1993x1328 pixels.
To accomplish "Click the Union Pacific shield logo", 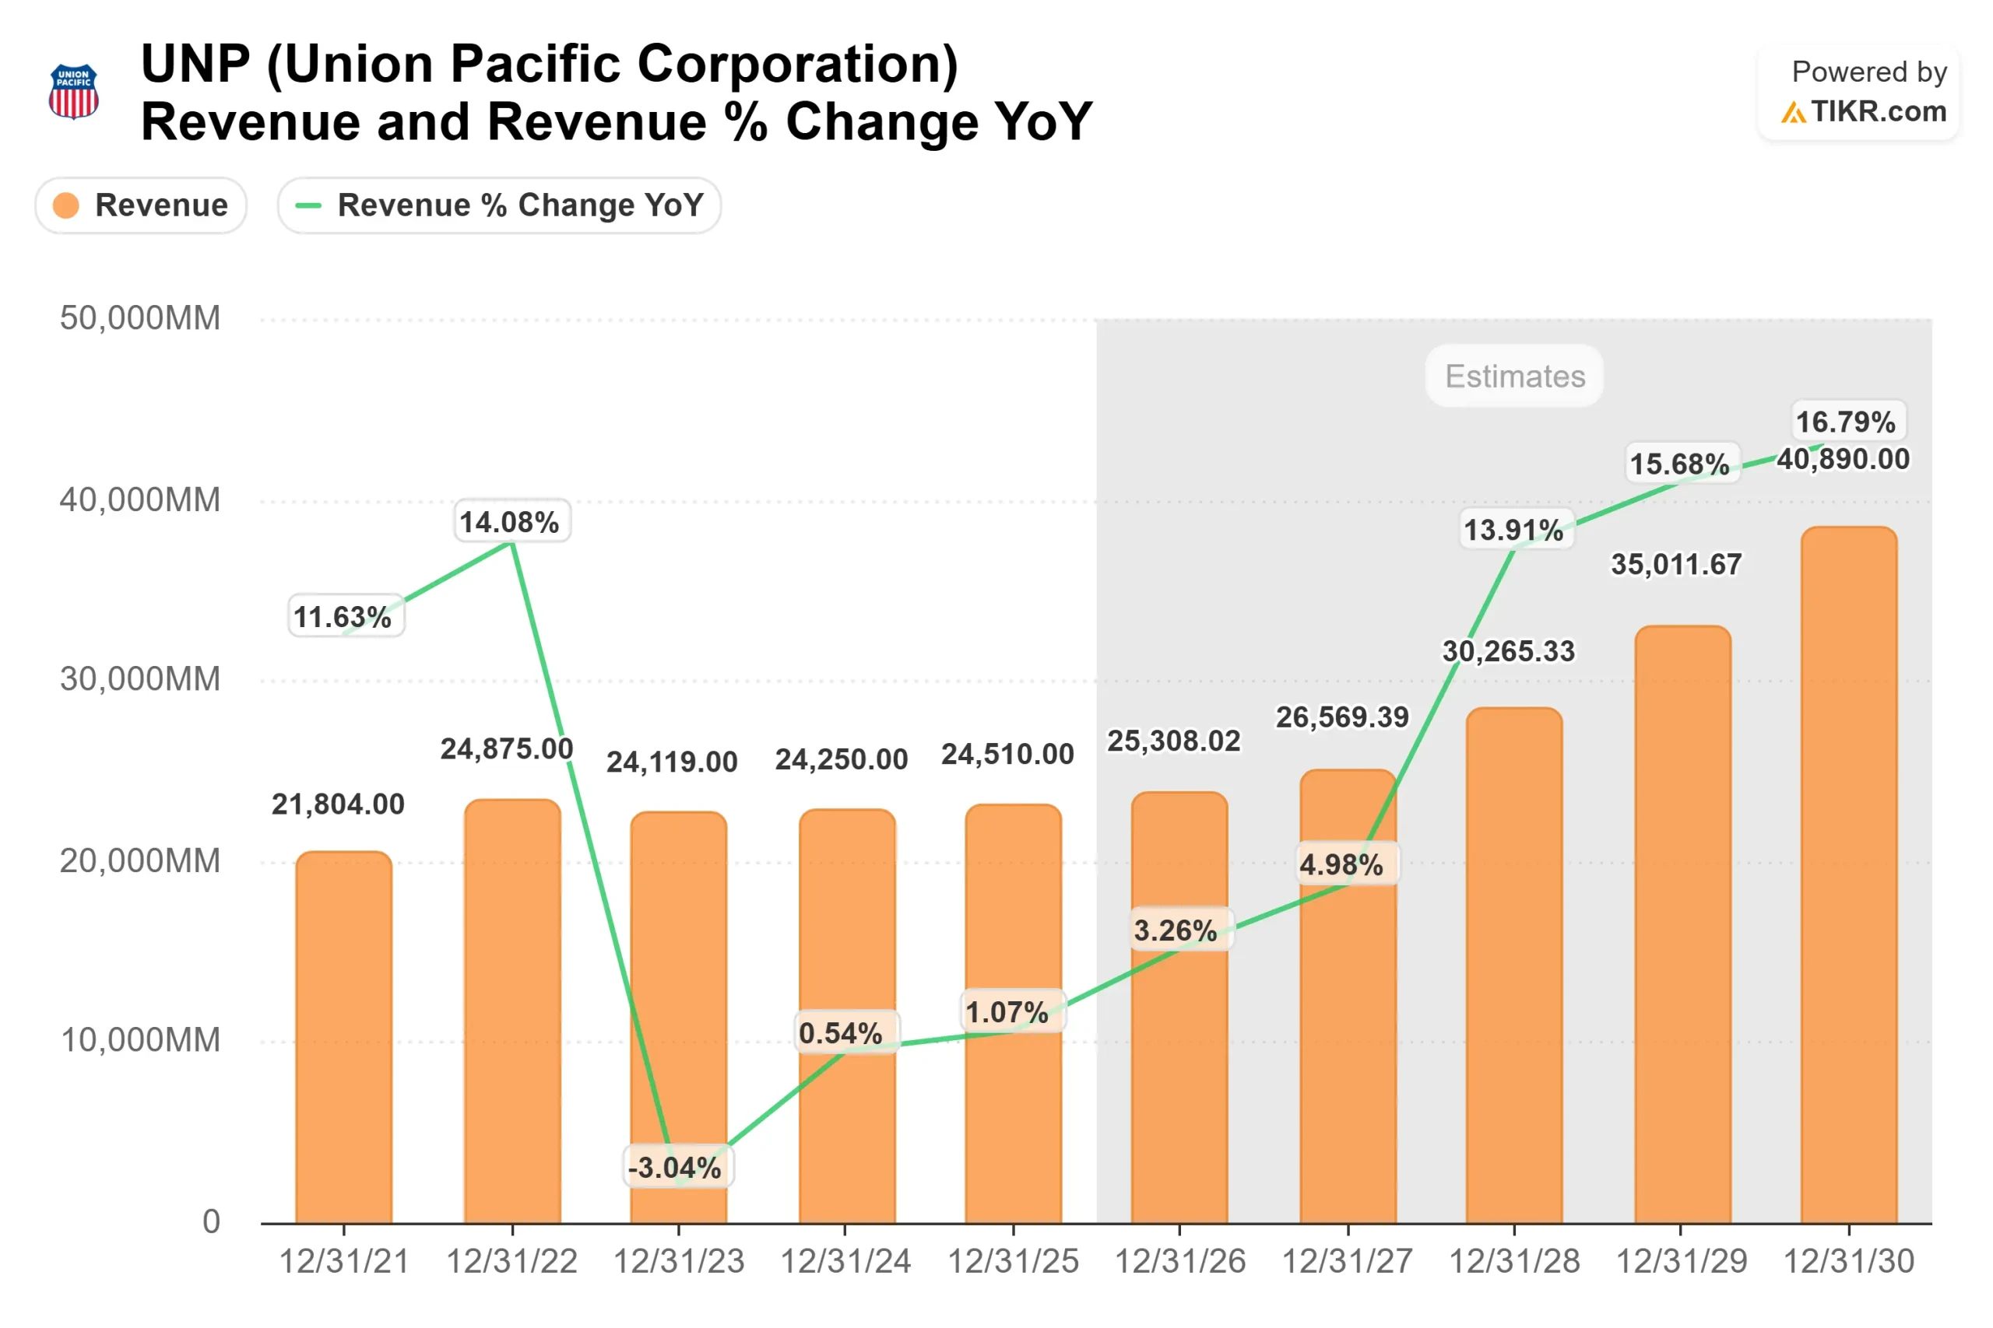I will coord(74,92).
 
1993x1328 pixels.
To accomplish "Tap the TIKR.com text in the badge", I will coord(1878,112).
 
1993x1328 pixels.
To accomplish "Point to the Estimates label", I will coord(1514,376).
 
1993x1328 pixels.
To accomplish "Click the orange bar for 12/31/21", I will coord(344,1038).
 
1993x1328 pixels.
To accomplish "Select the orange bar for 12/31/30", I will coord(1848,877).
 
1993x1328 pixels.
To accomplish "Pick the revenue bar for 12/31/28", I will coord(1513,965).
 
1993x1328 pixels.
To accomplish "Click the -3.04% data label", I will coord(674,1168).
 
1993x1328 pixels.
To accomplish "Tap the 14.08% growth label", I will coord(509,522).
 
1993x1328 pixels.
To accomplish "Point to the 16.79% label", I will coord(1846,422).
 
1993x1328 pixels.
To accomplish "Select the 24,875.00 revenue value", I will coord(507,749).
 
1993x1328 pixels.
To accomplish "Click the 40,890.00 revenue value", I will coord(1843,460).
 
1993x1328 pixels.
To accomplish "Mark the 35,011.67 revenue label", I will coord(1676,565).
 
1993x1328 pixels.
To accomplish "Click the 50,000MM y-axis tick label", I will coord(140,318).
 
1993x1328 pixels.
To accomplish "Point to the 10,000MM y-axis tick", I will coord(140,1040).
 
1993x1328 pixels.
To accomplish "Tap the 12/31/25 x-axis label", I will coord(1013,1262).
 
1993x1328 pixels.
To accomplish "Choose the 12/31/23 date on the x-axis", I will coord(679,1262).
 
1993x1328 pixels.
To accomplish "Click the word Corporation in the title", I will coord(797,65).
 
